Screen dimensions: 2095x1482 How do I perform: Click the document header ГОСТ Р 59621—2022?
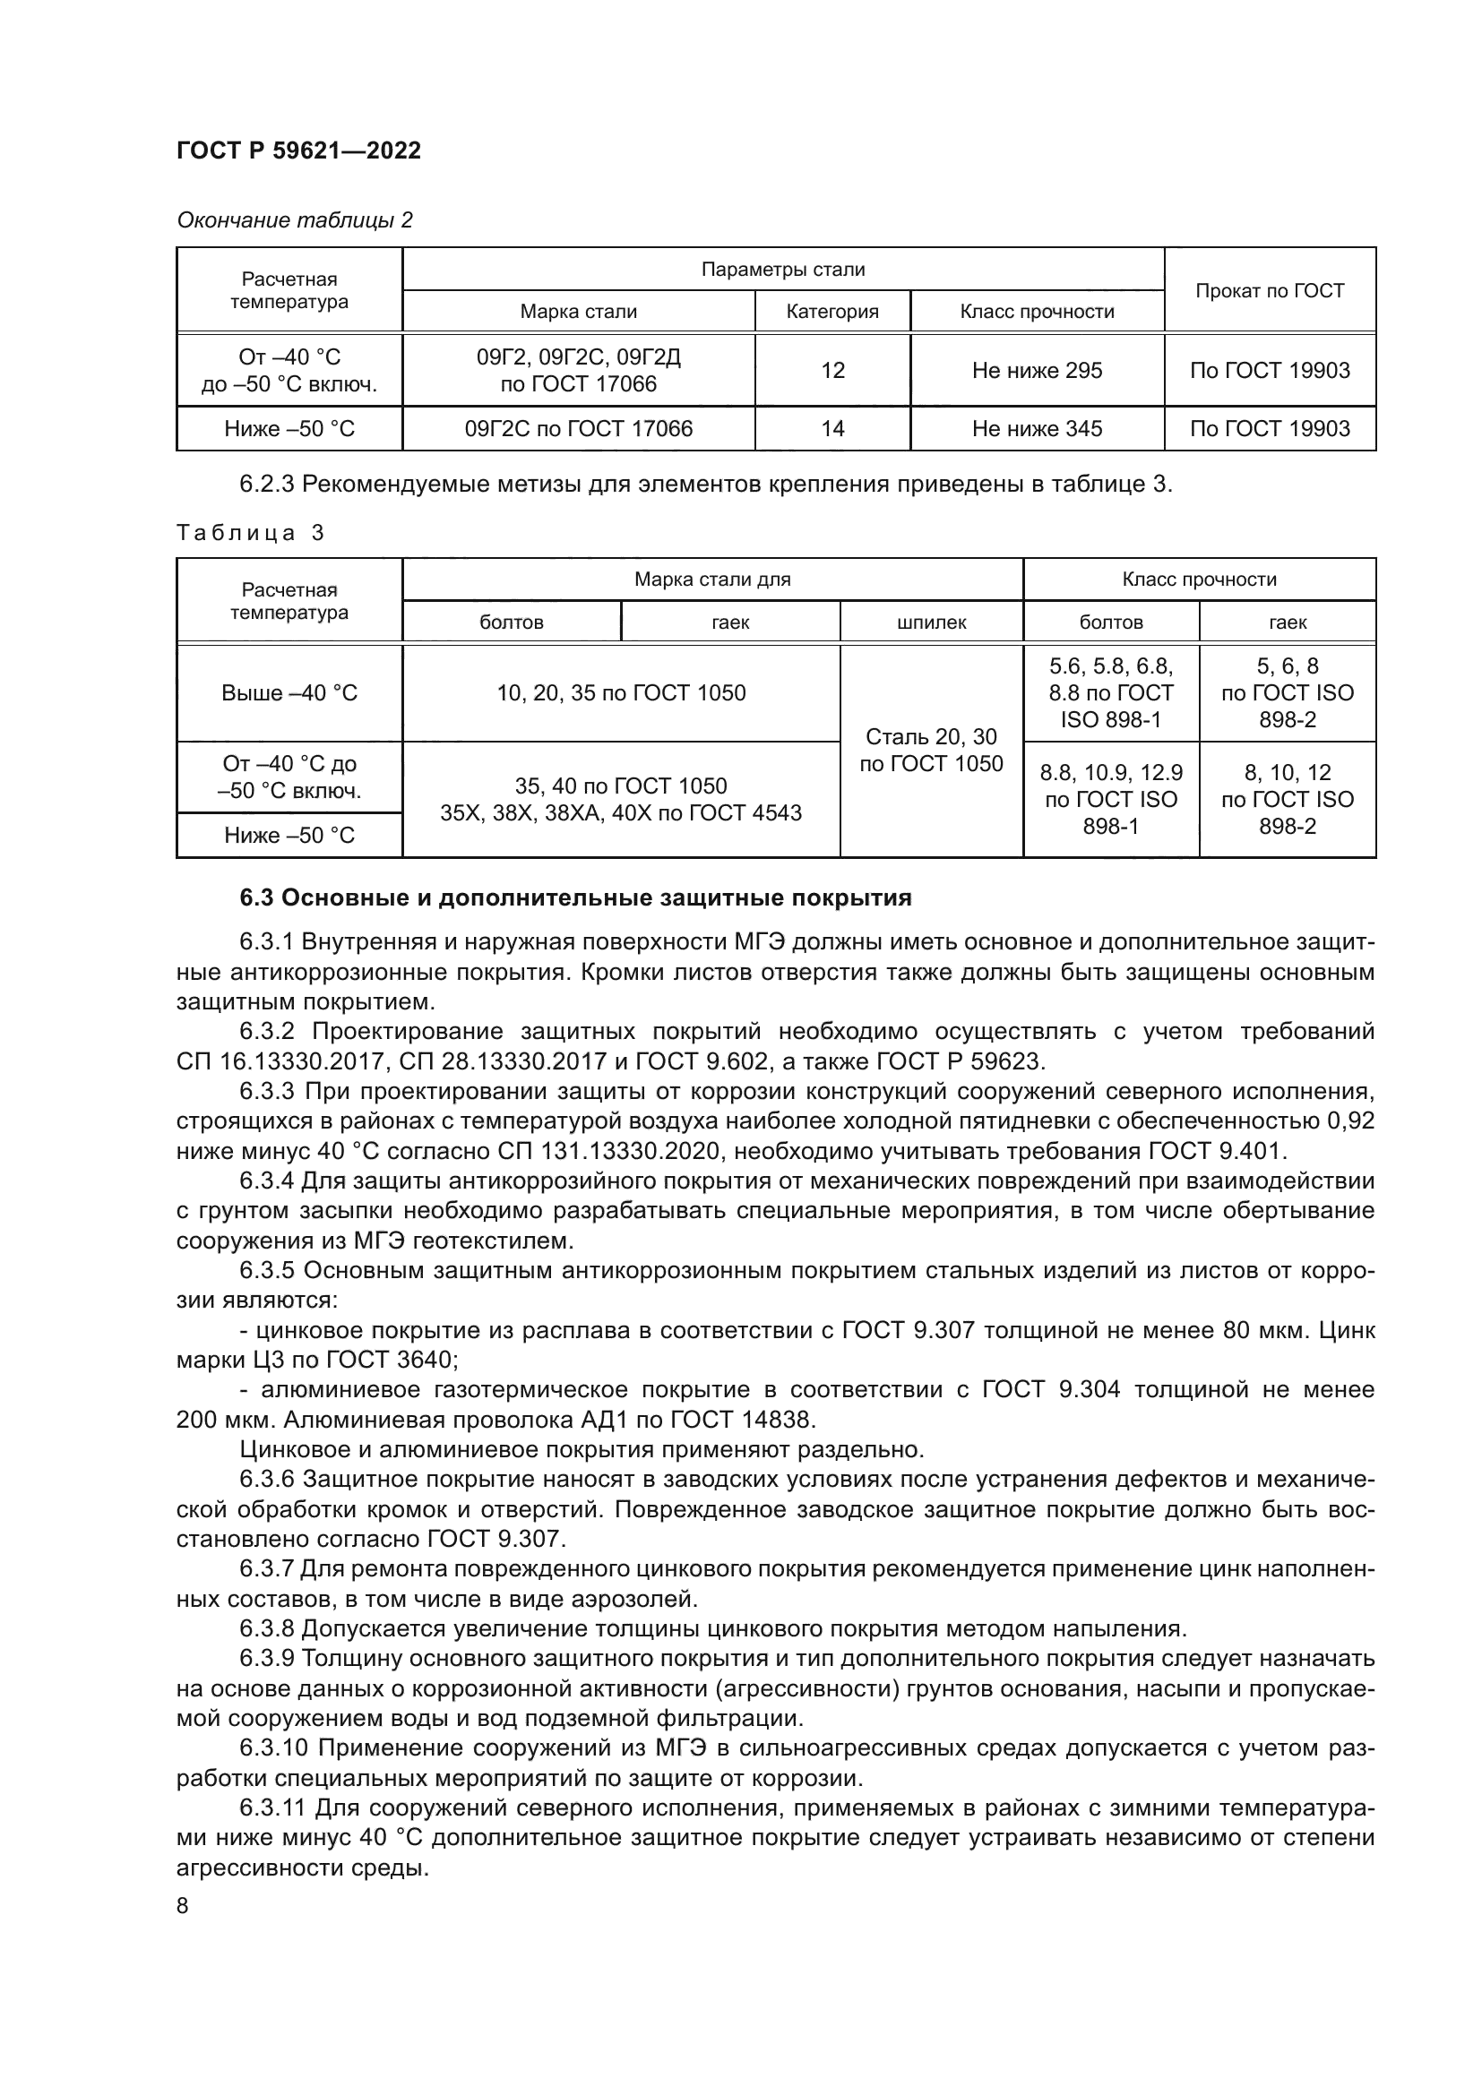298,151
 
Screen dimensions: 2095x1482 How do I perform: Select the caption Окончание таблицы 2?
294,220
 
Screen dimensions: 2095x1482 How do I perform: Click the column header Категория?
831,312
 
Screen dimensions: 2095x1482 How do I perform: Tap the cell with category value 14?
831,429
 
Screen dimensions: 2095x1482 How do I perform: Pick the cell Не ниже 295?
1036,371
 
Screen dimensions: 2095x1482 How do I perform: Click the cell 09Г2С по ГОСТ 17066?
578,429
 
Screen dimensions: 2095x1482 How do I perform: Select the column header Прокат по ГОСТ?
1269,291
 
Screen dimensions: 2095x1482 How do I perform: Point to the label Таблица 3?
250,533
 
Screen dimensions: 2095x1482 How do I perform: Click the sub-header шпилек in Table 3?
931,622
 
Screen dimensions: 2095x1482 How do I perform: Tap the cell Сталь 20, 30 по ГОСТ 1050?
931,750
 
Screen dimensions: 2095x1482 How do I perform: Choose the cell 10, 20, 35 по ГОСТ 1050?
621,693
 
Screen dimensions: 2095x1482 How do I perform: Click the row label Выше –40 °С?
289,693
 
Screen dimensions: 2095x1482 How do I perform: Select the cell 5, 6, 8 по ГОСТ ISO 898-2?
1287,693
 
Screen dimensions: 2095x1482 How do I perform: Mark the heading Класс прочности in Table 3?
1198,580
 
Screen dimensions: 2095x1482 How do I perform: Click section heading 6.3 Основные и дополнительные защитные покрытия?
575,898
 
